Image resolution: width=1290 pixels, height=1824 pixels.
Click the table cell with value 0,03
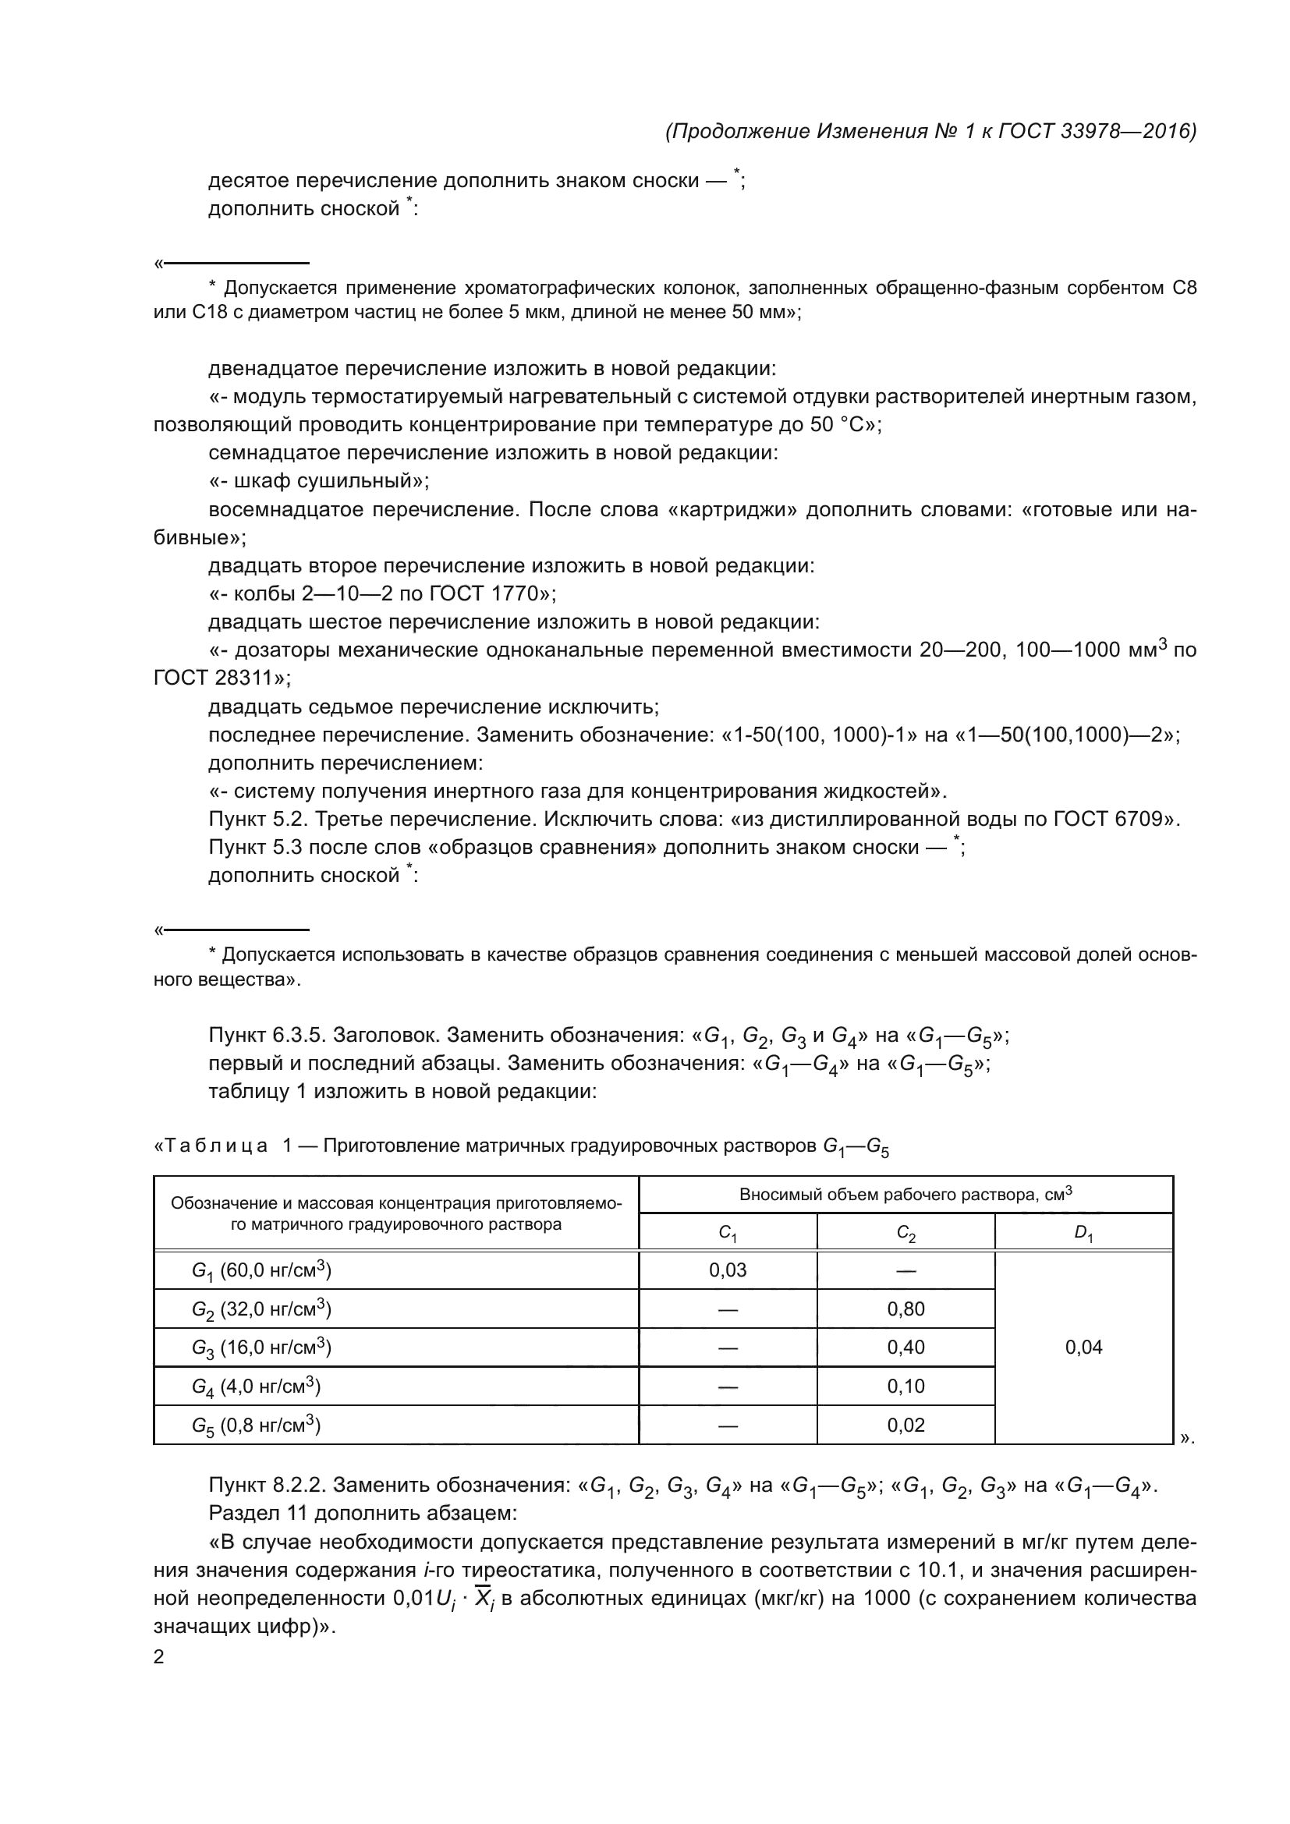click(x=728, y=1270)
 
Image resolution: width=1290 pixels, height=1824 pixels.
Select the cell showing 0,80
click(x=905, y=1309)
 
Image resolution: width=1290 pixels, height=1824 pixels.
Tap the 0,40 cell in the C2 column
click(x=905, y=1348)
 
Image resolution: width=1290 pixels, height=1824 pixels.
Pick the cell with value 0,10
click(x=905, y=1387)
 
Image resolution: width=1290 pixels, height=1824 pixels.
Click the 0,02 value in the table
click(x=905, y=1426)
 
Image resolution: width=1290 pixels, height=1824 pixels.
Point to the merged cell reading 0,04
click(x=1083, y=1348)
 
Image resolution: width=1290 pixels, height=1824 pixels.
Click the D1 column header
click(x=1083, y=1233)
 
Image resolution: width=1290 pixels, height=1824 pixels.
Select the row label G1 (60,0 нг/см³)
click(x=261, y=1271)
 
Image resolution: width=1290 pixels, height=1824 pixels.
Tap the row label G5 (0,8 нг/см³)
click(x=256, y=1426)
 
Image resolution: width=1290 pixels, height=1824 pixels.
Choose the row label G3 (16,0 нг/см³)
click(x=261, y=1348)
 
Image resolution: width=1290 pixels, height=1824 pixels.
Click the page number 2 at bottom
click(x=159, y=1657)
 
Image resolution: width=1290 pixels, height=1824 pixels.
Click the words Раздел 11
click(x=255, y=1514)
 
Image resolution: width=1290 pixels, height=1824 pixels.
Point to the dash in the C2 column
click(x=905, y=1271)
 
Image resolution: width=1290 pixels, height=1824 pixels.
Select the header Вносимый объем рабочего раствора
click(x=905, y=1195)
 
